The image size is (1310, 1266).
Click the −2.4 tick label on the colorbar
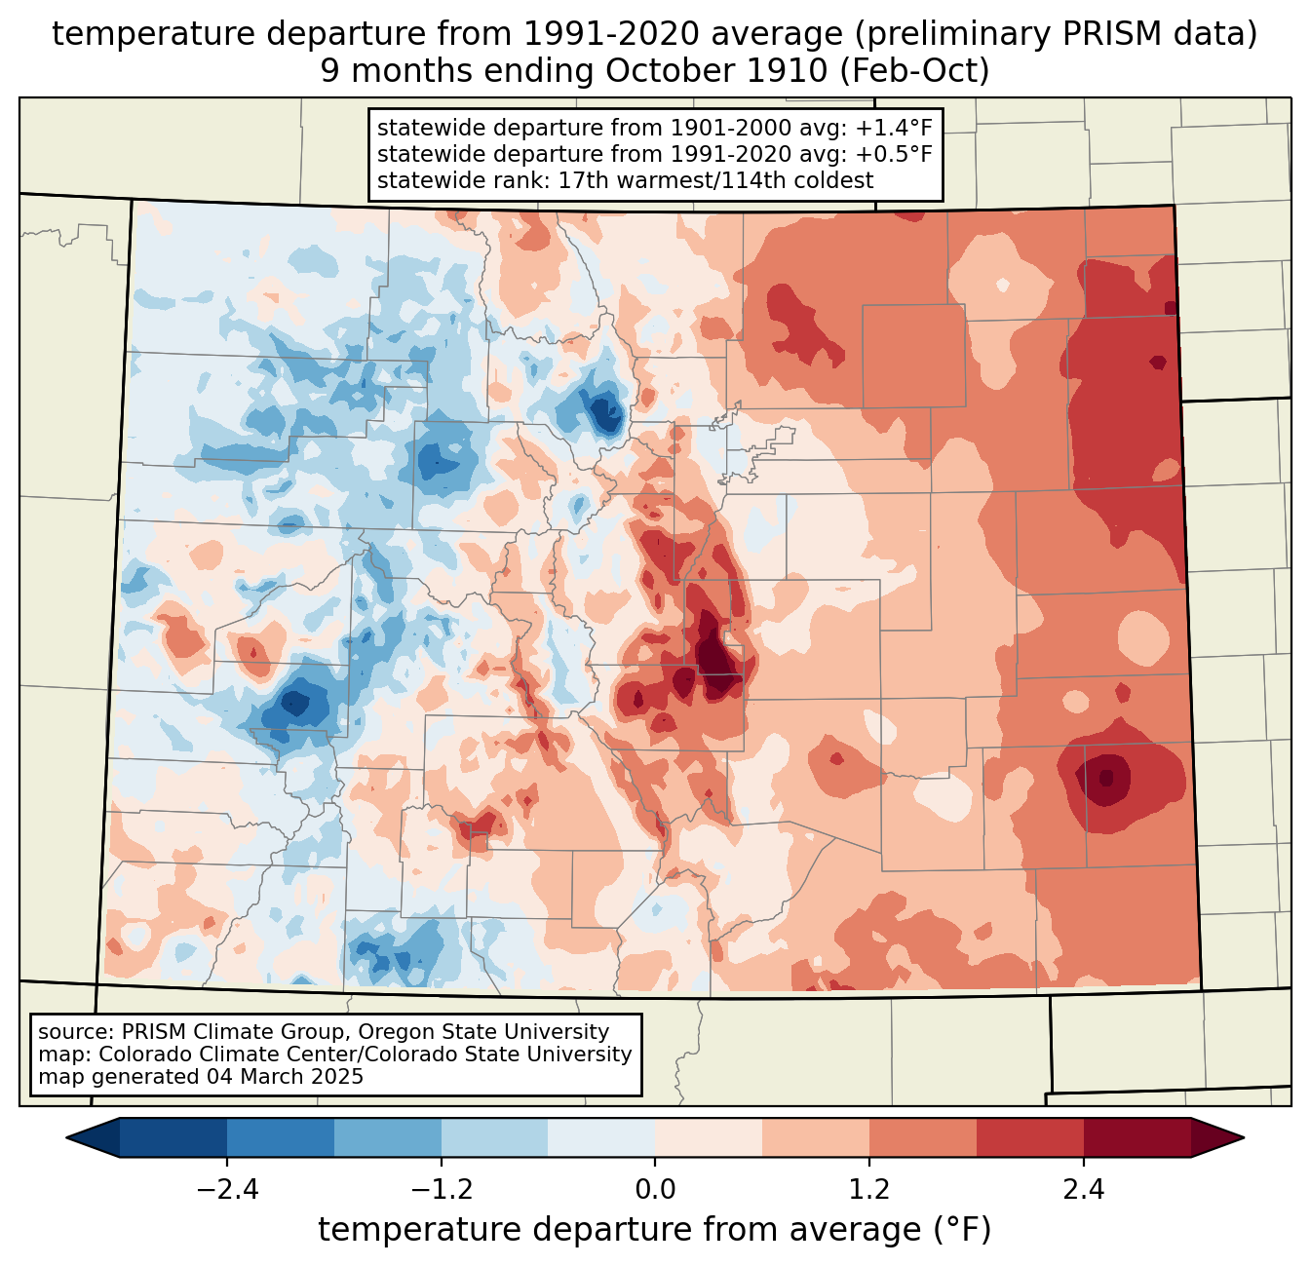(x=227, y=1189)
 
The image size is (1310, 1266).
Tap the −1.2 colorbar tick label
(x=442, y=1189)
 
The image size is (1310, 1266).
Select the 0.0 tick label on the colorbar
(x=655, y=1189)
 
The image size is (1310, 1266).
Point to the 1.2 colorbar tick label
(x=869, y=1189)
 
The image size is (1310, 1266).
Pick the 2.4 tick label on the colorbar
(x=1084, y=1189)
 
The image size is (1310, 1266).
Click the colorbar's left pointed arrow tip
(x=66, y=1137)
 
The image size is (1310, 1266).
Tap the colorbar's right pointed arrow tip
(x=1244, y=1137)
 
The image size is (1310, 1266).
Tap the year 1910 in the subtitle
(x=784, y=71)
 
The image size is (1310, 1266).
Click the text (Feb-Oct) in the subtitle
(x=914, y=71)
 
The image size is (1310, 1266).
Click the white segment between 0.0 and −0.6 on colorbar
(x=601, y=1137)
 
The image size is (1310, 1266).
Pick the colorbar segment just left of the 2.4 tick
(x=1030, y=1137)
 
